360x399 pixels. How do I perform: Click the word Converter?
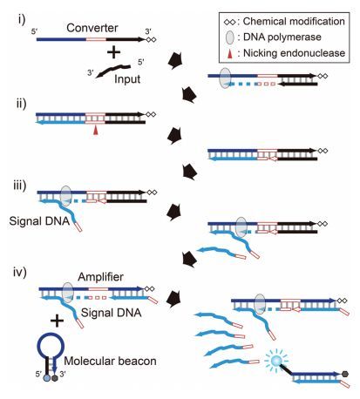(x=92, y=28)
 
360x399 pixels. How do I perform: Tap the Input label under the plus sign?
(x=127, y=79)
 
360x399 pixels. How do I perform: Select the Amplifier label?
(x=100, y=277)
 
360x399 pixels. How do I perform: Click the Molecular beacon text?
(x=110, y=361)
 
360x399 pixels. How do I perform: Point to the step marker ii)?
(x=21, y=104)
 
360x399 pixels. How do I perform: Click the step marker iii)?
(x=20, y=186)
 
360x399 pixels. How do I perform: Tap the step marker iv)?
(x=20, y=273)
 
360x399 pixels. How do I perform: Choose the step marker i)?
(x=22, y=20)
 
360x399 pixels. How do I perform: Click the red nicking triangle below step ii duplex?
(x=95, y=131)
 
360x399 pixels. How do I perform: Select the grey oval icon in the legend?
(x=229, y=37)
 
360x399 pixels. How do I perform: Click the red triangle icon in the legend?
(x=230, y=54)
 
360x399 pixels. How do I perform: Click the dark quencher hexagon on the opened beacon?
(x=345, y=374)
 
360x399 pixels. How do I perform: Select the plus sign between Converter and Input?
(x=113, y=52)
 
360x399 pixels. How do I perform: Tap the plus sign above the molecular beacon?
(x=57, y=321)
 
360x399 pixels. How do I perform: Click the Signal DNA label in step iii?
(x=39, y=221)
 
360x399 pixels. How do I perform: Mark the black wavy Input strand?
(x=113, y=71)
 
